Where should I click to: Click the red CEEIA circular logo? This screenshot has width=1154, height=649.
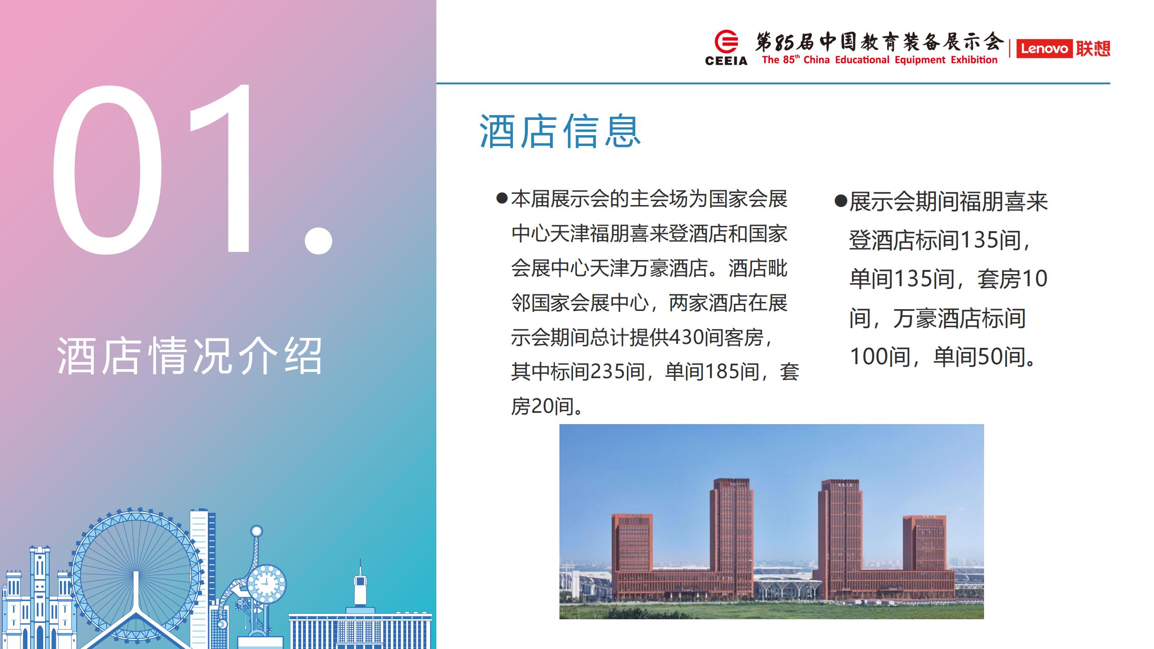click(x=726, y=42)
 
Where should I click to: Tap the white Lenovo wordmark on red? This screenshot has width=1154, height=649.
click(x=1044, y=49)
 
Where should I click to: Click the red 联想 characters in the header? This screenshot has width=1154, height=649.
click(x=1093, y=49)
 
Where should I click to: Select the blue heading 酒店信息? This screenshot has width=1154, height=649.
click(x=560, y=131)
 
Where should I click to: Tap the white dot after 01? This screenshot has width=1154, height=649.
click(x=318, y=240)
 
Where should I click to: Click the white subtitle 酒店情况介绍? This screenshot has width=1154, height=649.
click(x=190, y=356)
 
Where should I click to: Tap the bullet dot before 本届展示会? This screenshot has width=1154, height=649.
click(x=502, y=198)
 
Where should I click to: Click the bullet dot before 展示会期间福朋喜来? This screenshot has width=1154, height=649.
click(x=841, y=201)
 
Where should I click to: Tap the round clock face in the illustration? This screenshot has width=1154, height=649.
click(x=266, y=585)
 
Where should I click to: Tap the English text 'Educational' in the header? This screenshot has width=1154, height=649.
click(x=862, y=60)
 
